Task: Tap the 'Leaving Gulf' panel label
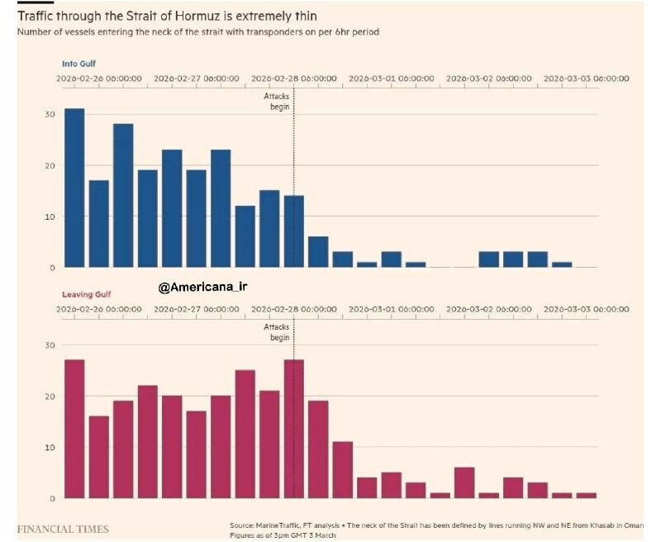click(x=87, y=294)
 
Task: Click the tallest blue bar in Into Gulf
click(x=74, y=188)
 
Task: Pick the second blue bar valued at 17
click(x=98, y=224)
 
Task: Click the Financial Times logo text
click(x=63, y=529)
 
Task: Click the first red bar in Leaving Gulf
click(x=74, y=429)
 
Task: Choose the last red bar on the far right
click(x=586, y=495)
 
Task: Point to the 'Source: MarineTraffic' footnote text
click(x=438, y=525)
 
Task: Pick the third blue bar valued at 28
click(x=123, y=196)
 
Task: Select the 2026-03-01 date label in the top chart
click(x=392, y=78)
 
